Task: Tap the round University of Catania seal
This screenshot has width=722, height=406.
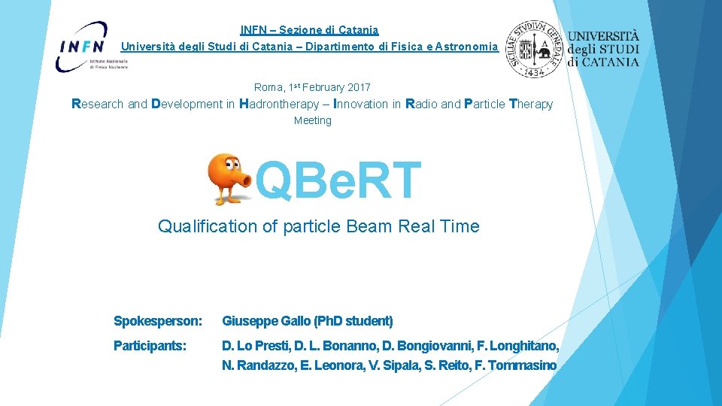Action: click(535, 48)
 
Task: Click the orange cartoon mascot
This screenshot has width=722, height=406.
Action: click(229, 179)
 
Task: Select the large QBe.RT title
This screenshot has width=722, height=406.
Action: click(338, 181)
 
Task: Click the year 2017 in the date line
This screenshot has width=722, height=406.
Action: click(359, 88)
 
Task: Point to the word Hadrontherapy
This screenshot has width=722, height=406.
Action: click(279, 105)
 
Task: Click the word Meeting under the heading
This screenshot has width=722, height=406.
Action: click(312, 121)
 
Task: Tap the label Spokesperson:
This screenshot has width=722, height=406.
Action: click(158, 322)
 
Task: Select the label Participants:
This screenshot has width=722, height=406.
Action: click(150, 347)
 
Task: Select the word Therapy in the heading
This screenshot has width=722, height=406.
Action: click(531, 105)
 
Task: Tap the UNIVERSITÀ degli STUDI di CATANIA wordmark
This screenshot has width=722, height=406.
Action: click(603, 49)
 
